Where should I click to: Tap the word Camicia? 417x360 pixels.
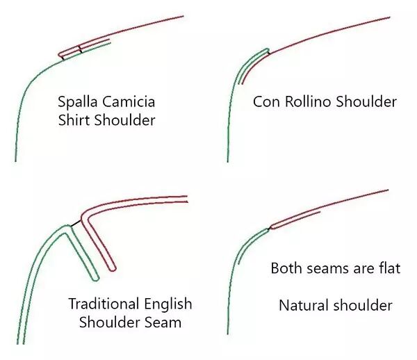coord(131,102)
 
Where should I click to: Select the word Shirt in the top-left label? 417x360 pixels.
coord(76,120)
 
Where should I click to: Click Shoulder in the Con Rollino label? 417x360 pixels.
coord(366,102)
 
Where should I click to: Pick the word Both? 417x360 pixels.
coord(286,268)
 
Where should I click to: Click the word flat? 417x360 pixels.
coord(388,268)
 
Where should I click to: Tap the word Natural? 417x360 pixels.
coord(302,305)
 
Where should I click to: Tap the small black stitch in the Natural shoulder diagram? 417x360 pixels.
coord(269,227)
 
